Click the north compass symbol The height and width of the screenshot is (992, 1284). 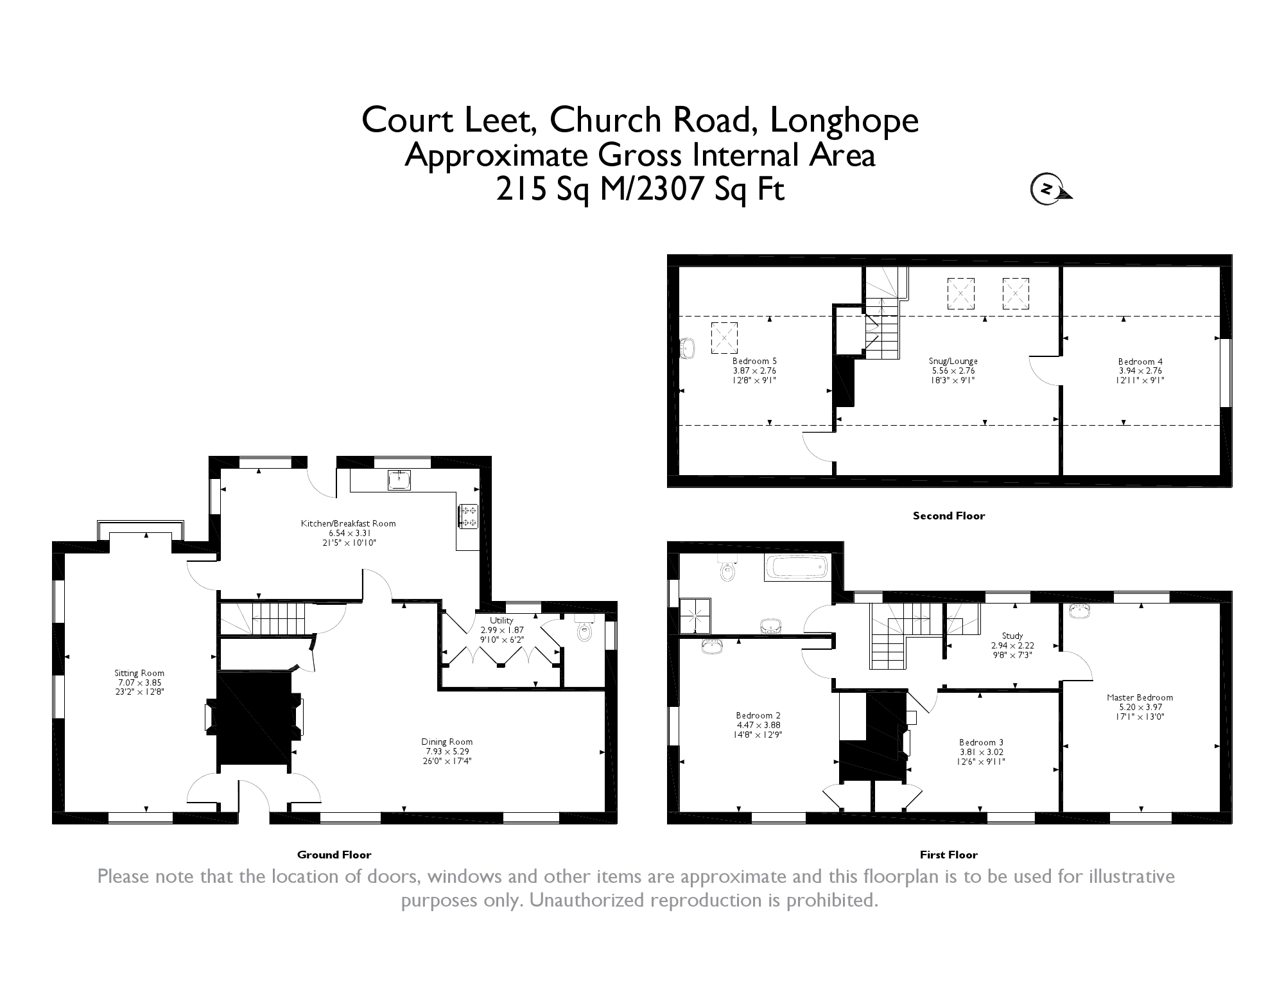[x=1050, y=189]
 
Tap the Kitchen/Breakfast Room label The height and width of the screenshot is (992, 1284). [x=348, y=523]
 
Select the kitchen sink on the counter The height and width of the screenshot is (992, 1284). [x=399, y=479]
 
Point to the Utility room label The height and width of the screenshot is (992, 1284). [x=501, y=620]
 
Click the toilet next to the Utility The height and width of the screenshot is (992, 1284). [x=584, y=629]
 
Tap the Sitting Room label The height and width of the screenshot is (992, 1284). [x=139, y=674]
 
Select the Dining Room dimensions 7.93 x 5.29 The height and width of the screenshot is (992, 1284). [x=447, y=751]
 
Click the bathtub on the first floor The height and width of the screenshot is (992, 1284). [x=797, y=567]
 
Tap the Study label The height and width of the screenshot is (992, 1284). [x=1012, y=636]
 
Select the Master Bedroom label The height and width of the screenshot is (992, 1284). [x=1140, y=697]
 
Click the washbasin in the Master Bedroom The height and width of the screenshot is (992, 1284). [x=1082, y=611]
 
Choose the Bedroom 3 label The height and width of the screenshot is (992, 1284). [x=982, y=742]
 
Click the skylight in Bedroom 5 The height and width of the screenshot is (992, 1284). [x=724, y=338]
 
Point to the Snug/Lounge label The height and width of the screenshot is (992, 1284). [x=953, y=361]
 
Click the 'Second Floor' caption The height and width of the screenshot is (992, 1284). [x=949, y=516]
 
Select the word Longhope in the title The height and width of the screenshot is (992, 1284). [x=844, y=120]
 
